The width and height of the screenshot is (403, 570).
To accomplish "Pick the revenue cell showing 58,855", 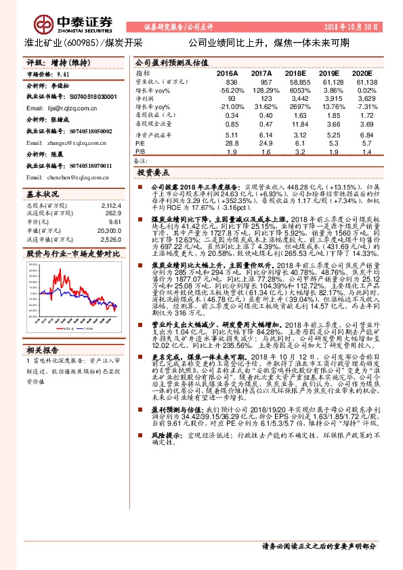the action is [x=297, y=81].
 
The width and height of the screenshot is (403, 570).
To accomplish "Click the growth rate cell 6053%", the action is [x=297, y=89].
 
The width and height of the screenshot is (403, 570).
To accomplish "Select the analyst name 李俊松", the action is [x=61, y=88].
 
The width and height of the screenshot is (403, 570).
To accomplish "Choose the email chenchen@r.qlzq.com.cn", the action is [x=74, y=177].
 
